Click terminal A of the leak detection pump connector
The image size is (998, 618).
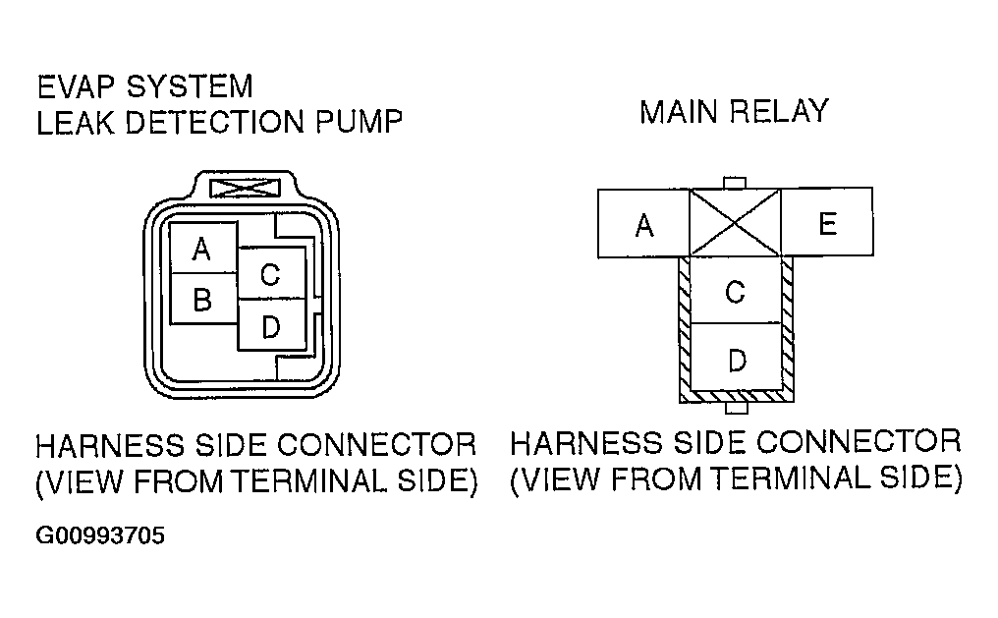point(201,249)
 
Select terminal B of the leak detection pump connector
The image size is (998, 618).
point(201,299)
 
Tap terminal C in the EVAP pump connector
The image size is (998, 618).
point(270,274)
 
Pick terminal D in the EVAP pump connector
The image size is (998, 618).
point(270,325)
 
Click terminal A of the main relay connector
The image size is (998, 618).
point(643,226)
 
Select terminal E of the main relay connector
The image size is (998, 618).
point(827,224)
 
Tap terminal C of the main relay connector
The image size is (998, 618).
point(735,291)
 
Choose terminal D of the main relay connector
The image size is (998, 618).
point(736,360)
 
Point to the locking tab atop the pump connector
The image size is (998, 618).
point(240,185)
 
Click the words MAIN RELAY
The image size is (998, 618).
point(734,111)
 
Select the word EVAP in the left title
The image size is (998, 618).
point(79,86)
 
